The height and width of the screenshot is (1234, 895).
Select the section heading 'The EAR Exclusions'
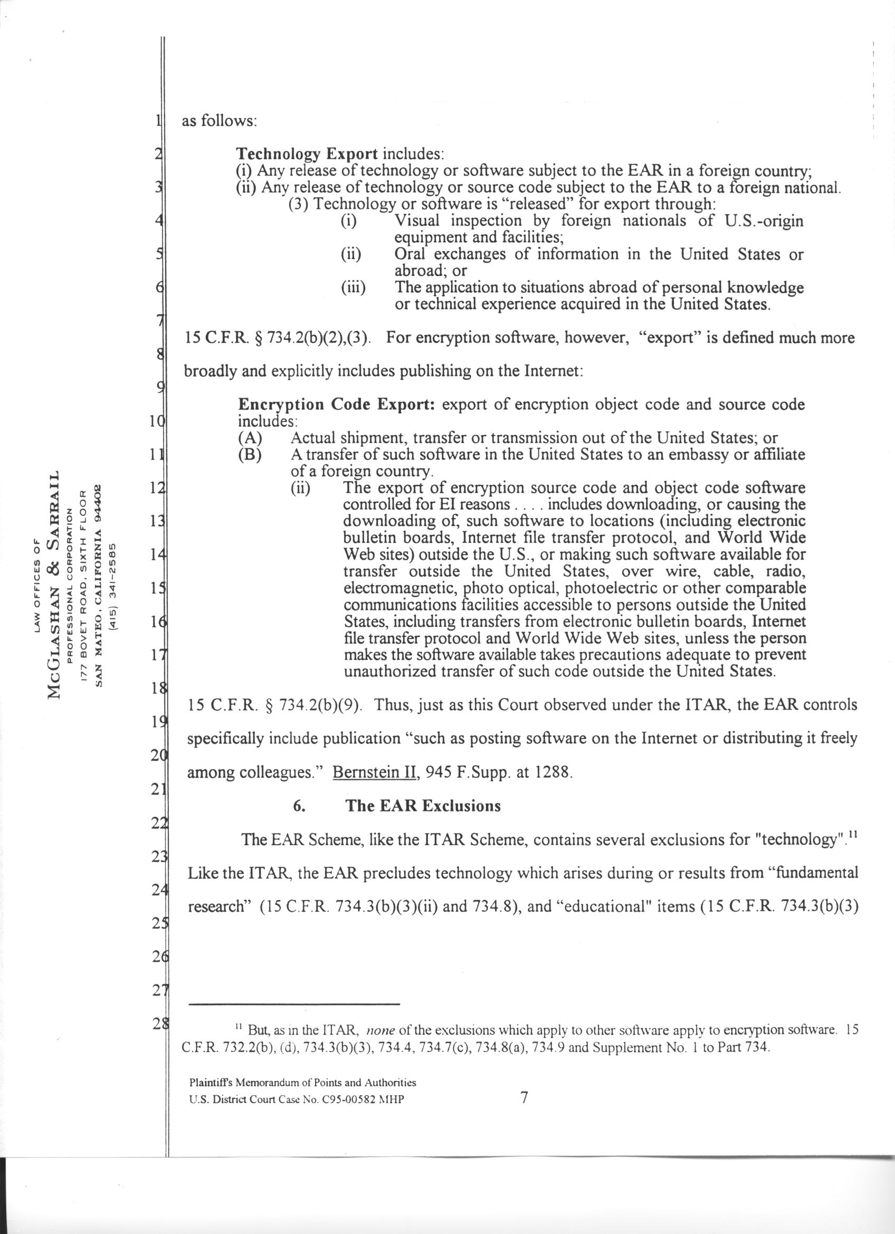click(423, 806)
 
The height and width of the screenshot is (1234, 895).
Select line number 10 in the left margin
click(158, 422)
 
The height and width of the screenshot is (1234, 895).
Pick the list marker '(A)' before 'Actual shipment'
click(250, 438)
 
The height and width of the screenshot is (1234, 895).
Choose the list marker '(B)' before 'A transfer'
click(250, 455)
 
